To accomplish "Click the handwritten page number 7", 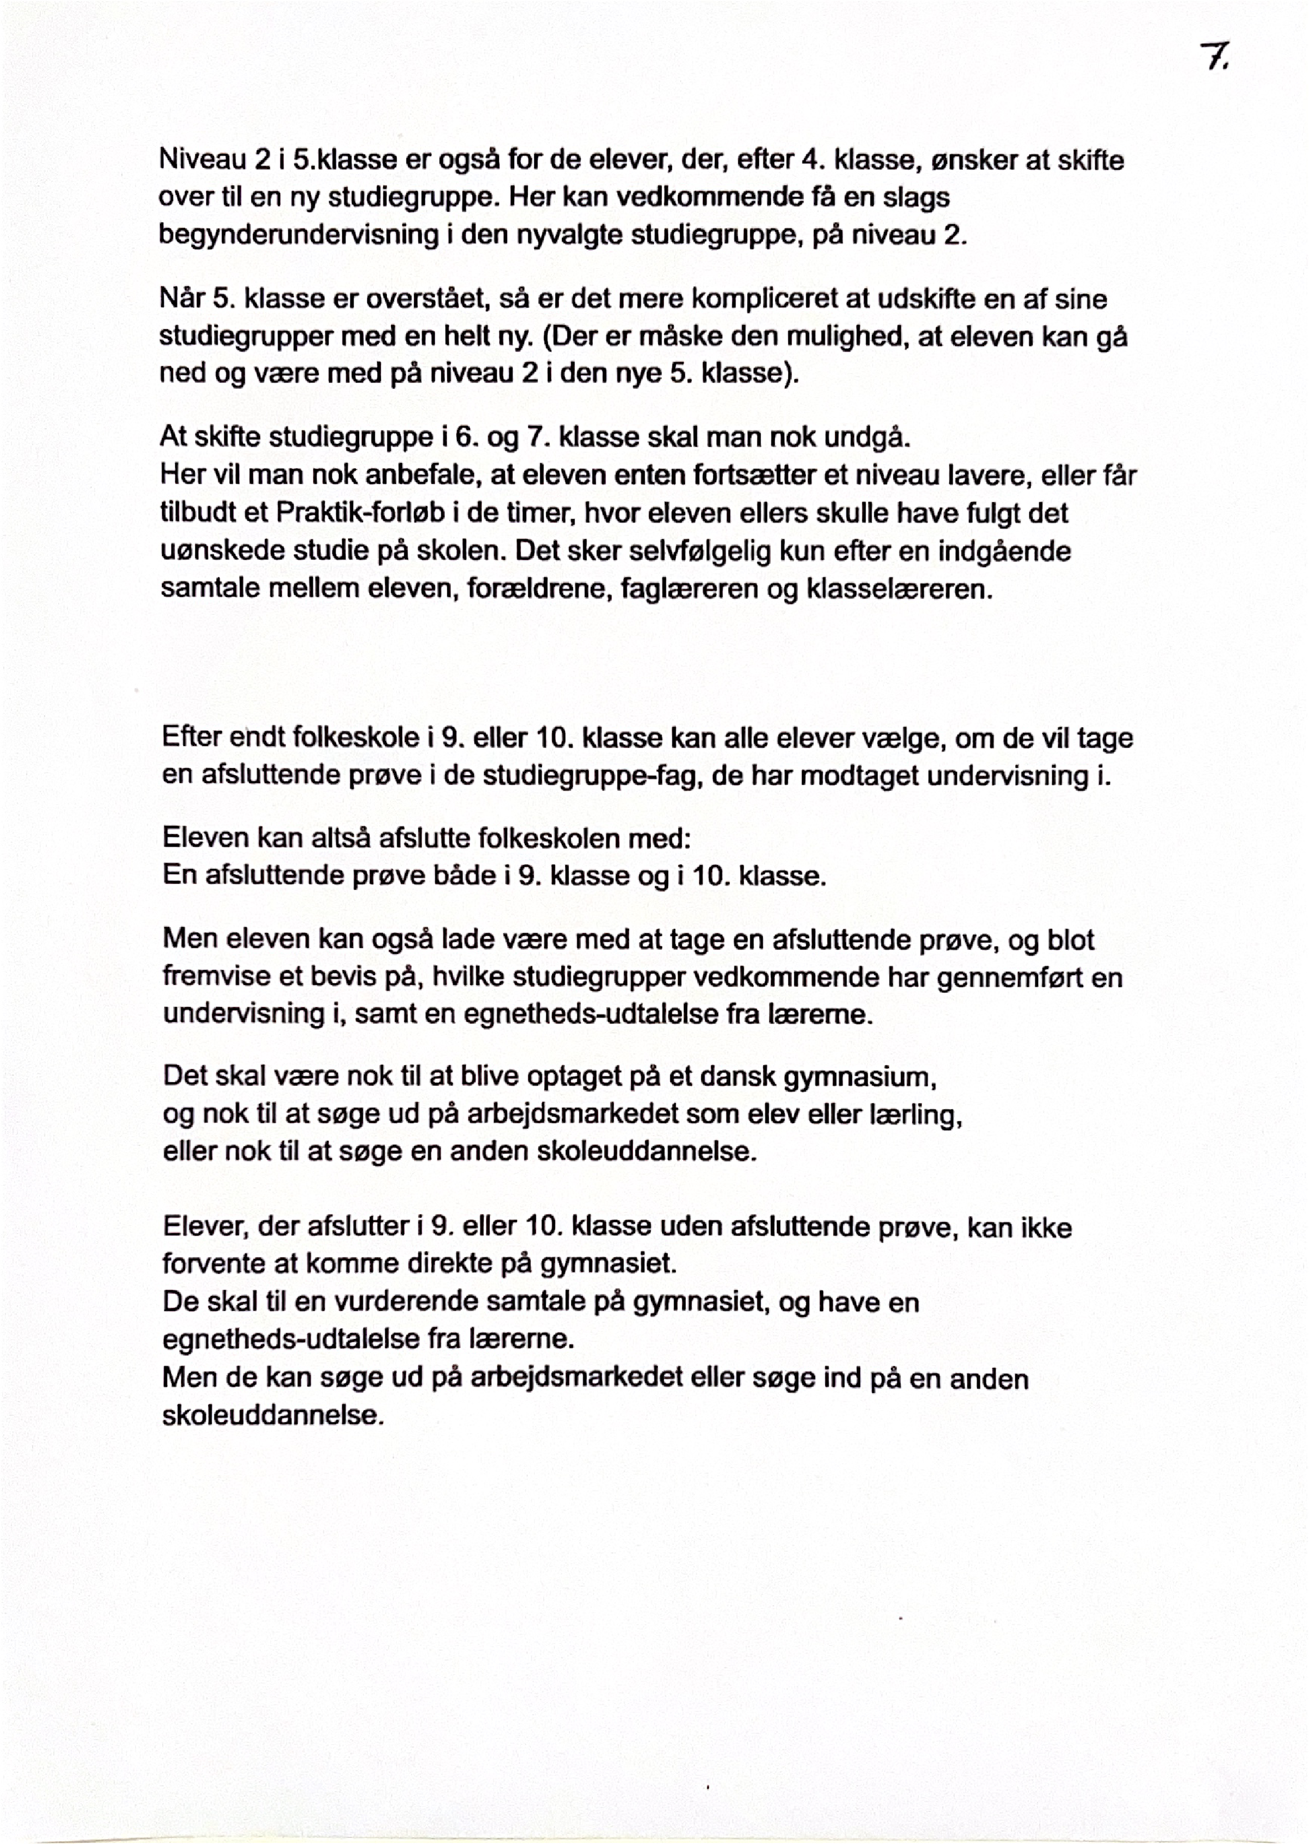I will pyautogui.click(x=1212, y=57).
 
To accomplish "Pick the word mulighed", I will pyautogui.click(x=840, y=337).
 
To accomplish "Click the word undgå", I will pyautogui.click(x=877, y=437).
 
